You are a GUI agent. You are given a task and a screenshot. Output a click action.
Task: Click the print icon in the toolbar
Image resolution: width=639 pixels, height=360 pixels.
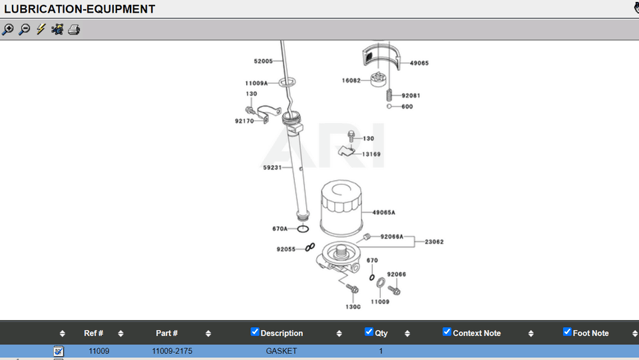click(74, 30)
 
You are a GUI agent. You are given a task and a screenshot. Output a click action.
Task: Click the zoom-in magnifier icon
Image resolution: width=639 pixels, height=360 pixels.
click(8, 30)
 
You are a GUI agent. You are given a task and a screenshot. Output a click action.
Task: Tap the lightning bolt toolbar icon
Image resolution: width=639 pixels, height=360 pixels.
click(41, 30)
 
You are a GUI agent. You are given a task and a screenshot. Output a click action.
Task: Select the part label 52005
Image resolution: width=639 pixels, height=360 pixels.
click(263, 61)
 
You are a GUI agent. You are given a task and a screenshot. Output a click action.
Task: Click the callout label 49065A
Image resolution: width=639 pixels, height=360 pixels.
click(384, 213)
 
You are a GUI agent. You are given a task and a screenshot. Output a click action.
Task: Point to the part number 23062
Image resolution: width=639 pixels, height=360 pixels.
click(434, 242)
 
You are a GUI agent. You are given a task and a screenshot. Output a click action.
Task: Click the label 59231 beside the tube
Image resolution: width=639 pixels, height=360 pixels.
click(272, 168)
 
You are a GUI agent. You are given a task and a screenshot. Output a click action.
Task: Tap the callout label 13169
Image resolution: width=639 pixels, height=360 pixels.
click(371, 154)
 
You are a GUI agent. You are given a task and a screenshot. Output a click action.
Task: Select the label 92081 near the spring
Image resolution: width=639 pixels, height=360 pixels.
click(411, 96)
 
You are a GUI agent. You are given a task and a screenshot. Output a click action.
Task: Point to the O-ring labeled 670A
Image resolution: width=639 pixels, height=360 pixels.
click(303, 229)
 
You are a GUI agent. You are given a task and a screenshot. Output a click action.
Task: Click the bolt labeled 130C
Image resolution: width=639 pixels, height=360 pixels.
click(353, 289)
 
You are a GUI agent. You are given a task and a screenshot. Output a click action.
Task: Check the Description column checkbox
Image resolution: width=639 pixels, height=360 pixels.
click(255, 332)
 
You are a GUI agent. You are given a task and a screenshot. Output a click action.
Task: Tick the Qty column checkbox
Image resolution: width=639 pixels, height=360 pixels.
click(369, 332)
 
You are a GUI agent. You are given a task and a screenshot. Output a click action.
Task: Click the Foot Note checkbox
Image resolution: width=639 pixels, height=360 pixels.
click(567, 332)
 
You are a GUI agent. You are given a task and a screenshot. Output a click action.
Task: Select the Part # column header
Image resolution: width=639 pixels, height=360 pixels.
click(166, 333)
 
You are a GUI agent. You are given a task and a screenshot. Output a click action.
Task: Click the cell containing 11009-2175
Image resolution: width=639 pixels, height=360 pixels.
click(172, 351)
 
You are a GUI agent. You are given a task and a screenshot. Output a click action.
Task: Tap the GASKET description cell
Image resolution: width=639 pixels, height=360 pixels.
click(282, 351)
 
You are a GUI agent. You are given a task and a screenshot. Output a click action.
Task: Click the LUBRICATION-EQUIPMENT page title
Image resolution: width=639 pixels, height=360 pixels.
click(80, 9)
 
